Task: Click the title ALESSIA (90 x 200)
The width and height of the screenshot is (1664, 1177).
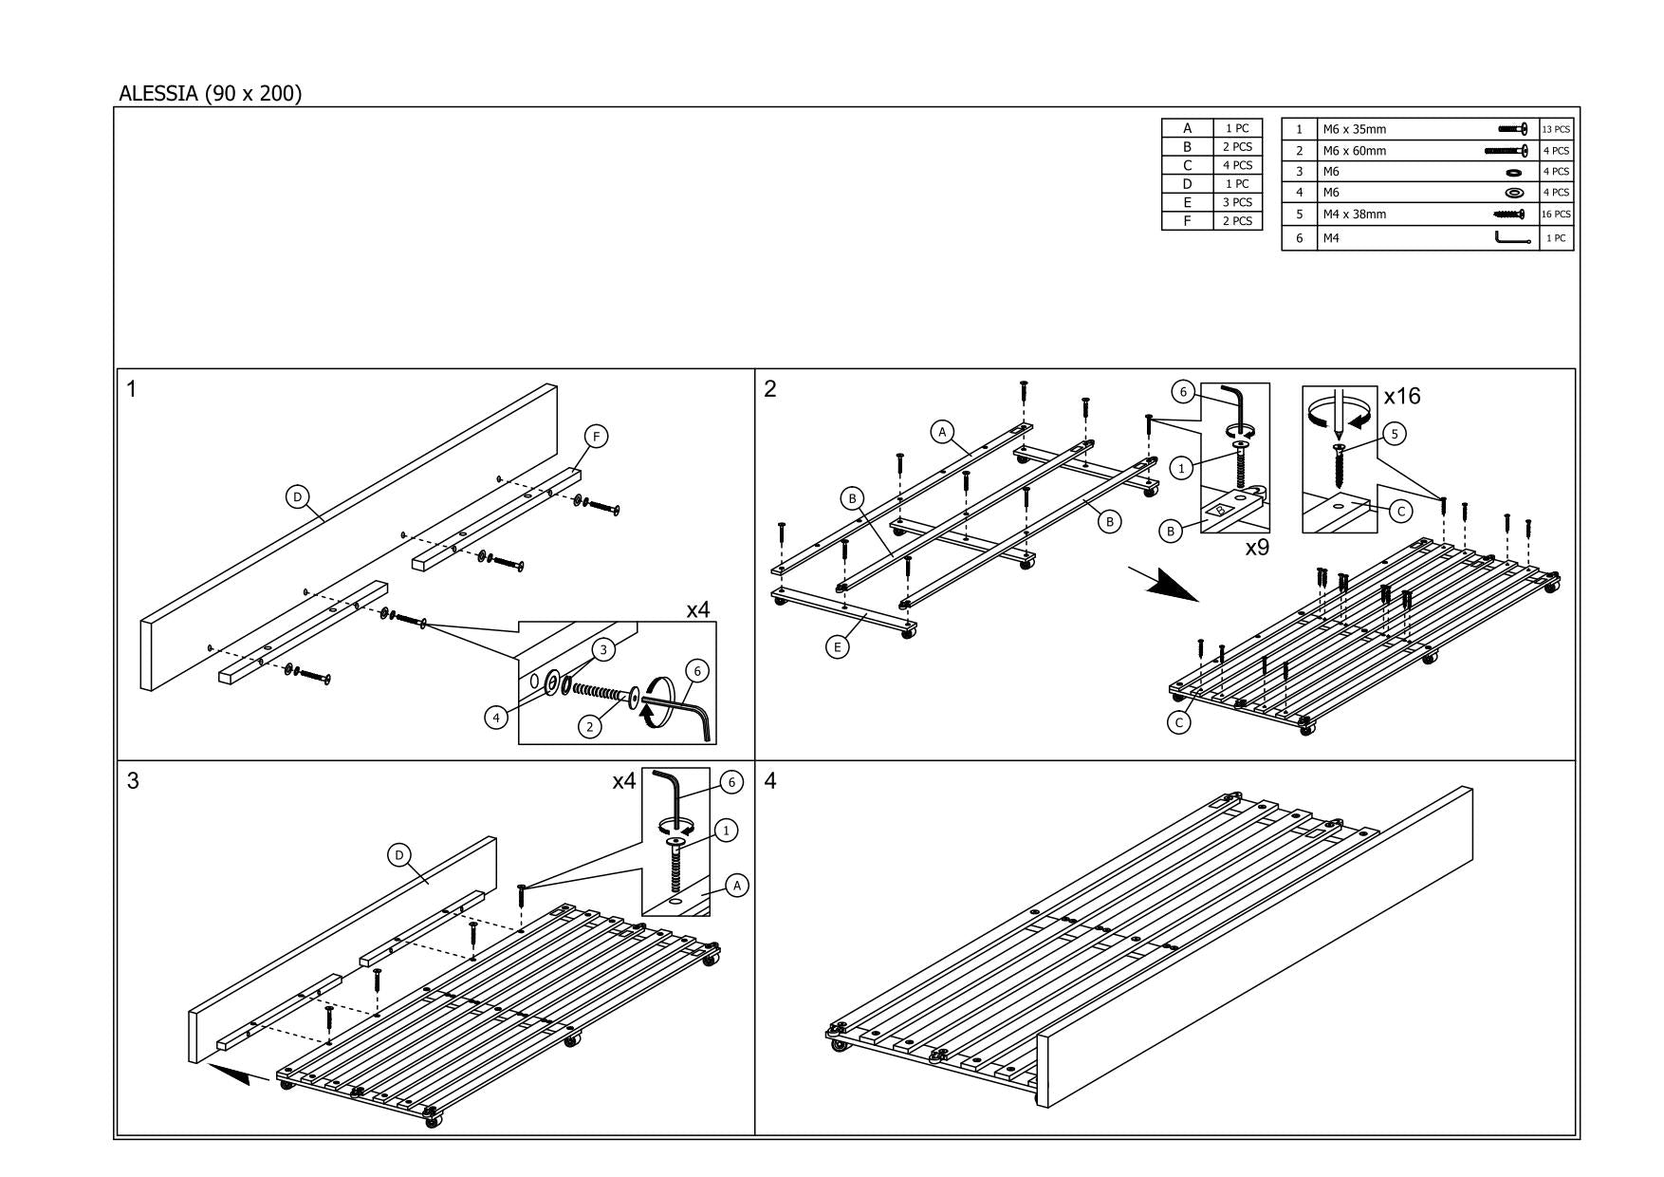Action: (x=210, y=94)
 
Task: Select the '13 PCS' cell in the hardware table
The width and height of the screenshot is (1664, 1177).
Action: (x=1556, y=129)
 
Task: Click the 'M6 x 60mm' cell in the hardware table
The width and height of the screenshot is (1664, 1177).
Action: (x=1355, y=151)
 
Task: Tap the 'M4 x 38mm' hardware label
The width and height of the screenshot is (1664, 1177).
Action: (x=1355, y=215)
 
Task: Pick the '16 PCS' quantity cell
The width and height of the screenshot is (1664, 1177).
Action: (x=1556, y=215)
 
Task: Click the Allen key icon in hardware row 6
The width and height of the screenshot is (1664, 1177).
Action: (x=1512, y=238)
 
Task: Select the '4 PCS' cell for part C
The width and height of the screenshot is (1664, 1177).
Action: (x=1237, y=165)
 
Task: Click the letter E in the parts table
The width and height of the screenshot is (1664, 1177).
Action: (x=1187, y=202)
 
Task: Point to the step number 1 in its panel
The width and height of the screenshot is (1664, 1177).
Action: (x=132, y=389)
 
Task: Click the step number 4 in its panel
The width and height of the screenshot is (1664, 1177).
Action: (x=770, y=781)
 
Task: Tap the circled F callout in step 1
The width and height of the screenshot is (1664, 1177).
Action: (x=596, y=436)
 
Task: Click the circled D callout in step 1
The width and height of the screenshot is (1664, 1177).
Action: (x=298, y=496)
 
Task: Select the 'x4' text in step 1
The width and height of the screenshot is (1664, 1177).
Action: (x=697, y=610)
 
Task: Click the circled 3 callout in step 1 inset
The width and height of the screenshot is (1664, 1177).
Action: (x=601, y=649)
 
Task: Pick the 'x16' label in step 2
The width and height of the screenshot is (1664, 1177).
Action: (x=1402, y=396)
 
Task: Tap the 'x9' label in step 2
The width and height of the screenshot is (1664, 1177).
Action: (x=1256, y=548)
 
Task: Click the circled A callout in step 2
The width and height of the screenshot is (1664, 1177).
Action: (x=941, y=432)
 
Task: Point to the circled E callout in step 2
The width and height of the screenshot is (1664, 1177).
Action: (x=837, y=647)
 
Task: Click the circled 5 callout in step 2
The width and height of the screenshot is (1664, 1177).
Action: (x=1394, y=434)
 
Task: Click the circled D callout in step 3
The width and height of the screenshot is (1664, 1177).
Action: (x=399, y=855)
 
